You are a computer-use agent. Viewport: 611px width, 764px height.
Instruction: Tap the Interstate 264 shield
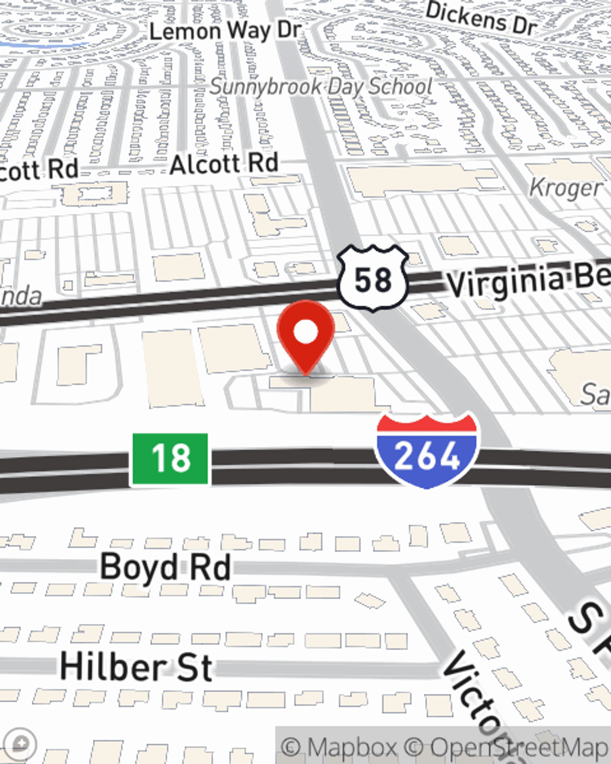point(427,450)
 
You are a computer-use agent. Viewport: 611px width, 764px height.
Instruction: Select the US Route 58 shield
point(373,278)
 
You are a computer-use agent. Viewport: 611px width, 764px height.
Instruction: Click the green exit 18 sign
point(170,458)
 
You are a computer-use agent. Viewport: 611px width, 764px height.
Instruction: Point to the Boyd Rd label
point(165,567)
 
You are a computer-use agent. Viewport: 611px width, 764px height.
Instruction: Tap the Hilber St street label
point(136,667)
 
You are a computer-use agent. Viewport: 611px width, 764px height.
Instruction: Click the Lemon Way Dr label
point(225,31)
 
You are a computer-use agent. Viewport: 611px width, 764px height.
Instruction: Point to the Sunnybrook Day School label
point(321,87)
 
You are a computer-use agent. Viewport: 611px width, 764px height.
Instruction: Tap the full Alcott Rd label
point(224,164)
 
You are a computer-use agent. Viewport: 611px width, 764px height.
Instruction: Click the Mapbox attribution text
point(340,747)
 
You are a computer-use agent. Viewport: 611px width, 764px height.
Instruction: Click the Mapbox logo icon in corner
point(18,744)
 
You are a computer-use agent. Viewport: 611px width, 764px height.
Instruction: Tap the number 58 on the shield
point(373,280)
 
